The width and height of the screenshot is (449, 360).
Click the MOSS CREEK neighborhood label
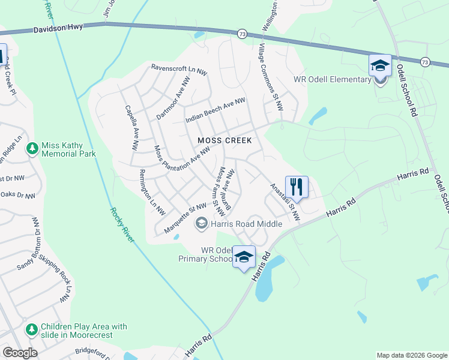(x=225, y=140)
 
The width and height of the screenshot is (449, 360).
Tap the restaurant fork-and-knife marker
(x=297, y=187)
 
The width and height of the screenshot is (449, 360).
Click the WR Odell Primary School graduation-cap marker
(x=244, y=257)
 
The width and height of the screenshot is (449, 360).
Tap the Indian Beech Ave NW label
(x=215, y=110)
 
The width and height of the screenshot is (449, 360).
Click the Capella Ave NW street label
(x=131, y=128)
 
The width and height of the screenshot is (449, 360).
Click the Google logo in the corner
(x=20, y=352)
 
